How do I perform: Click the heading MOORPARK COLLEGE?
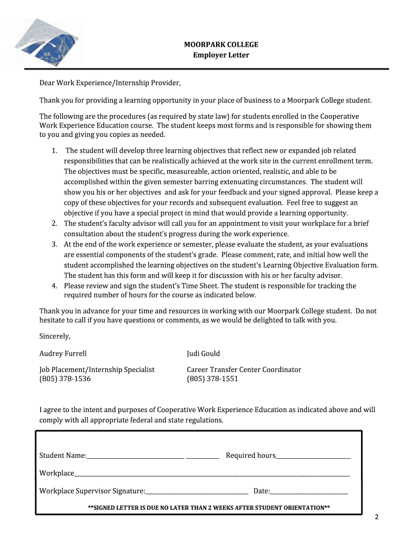pos(221,45)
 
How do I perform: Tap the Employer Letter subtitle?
pos(221,55)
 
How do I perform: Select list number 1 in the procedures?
pos(54,150)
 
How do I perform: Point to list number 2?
pos(54,223)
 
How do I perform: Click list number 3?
pos(54,244)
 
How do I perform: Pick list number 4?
pos(54,286)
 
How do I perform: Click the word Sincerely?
pos(55,336)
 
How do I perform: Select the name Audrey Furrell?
pos(63,353)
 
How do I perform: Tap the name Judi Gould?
pos(204,353)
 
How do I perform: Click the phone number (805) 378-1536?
pos(65,379)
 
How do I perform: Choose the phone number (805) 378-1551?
pos(212,379)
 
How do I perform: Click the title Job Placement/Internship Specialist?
pos(97,369)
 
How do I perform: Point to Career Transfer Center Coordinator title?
pos(244,369)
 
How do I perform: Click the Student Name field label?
pos(62,455)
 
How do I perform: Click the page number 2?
pos(376,516)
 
